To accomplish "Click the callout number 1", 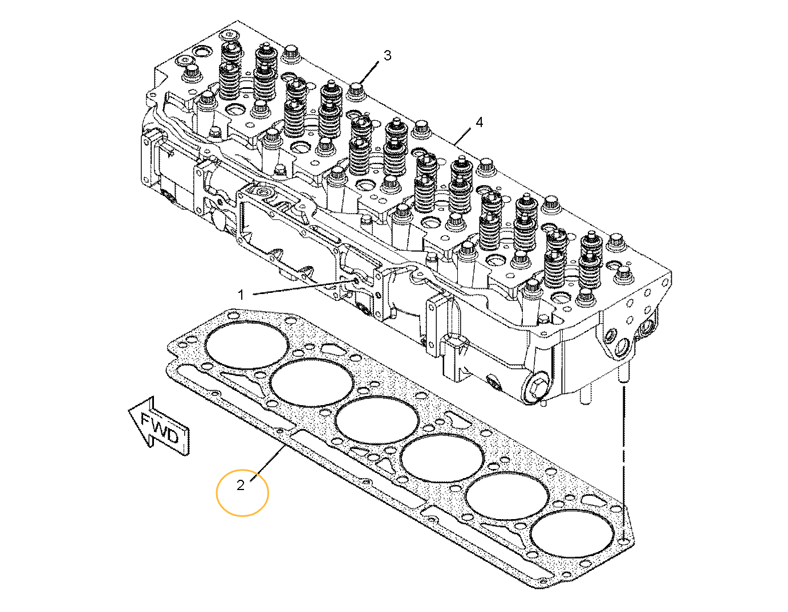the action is coord(241,295).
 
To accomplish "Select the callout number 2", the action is coord(241,485).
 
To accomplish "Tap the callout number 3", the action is coord(387,55).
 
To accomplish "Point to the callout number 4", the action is coord(479,122).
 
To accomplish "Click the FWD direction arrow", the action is coord(159,426).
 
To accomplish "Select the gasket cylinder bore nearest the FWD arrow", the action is coord(246,345).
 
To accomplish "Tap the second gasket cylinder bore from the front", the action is coord(311,382).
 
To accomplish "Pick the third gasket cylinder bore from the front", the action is coord(376,420).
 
